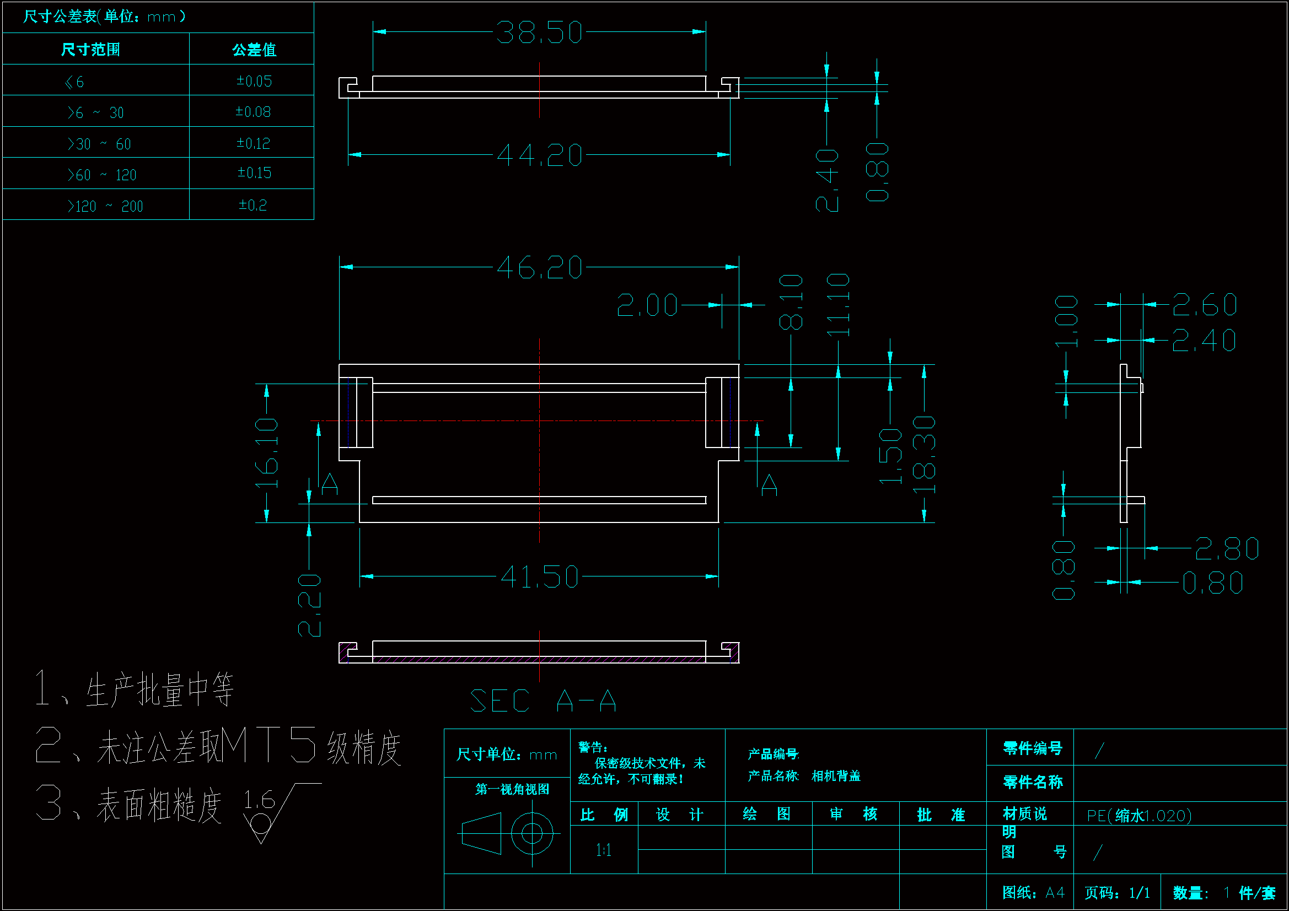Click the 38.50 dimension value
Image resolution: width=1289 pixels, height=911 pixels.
pos(539,33)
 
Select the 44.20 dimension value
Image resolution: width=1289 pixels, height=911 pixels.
pos(539,155)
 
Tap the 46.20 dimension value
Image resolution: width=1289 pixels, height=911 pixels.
pos(539,268)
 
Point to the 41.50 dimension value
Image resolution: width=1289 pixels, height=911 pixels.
pos(539,577)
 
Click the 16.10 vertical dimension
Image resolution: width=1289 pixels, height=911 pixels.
pos(267,452)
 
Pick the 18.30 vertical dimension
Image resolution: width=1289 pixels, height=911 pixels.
pos(924,455)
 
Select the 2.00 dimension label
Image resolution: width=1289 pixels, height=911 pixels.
pos(647,305)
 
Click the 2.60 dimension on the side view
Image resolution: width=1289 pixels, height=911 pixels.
pos(1204,305)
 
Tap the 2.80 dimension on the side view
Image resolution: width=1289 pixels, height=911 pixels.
pos(1226,549)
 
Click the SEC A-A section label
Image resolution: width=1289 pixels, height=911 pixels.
pos(543,701)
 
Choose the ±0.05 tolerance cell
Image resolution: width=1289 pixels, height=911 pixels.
pos(254,82)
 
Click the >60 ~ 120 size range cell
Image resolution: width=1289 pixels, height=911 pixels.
pos(101,175)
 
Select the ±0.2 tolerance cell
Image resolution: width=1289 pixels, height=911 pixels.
pos(253,205)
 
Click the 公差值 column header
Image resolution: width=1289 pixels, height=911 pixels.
pos(254,50)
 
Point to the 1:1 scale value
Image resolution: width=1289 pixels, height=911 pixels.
pos(603,850)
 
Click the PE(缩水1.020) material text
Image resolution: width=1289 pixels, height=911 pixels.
pos(1138,816)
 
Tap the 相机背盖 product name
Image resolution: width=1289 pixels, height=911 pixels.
pos(835,777)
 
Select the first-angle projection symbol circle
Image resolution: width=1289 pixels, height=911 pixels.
pos(531,833)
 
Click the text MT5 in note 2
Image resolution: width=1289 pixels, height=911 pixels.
pos(268,746)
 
